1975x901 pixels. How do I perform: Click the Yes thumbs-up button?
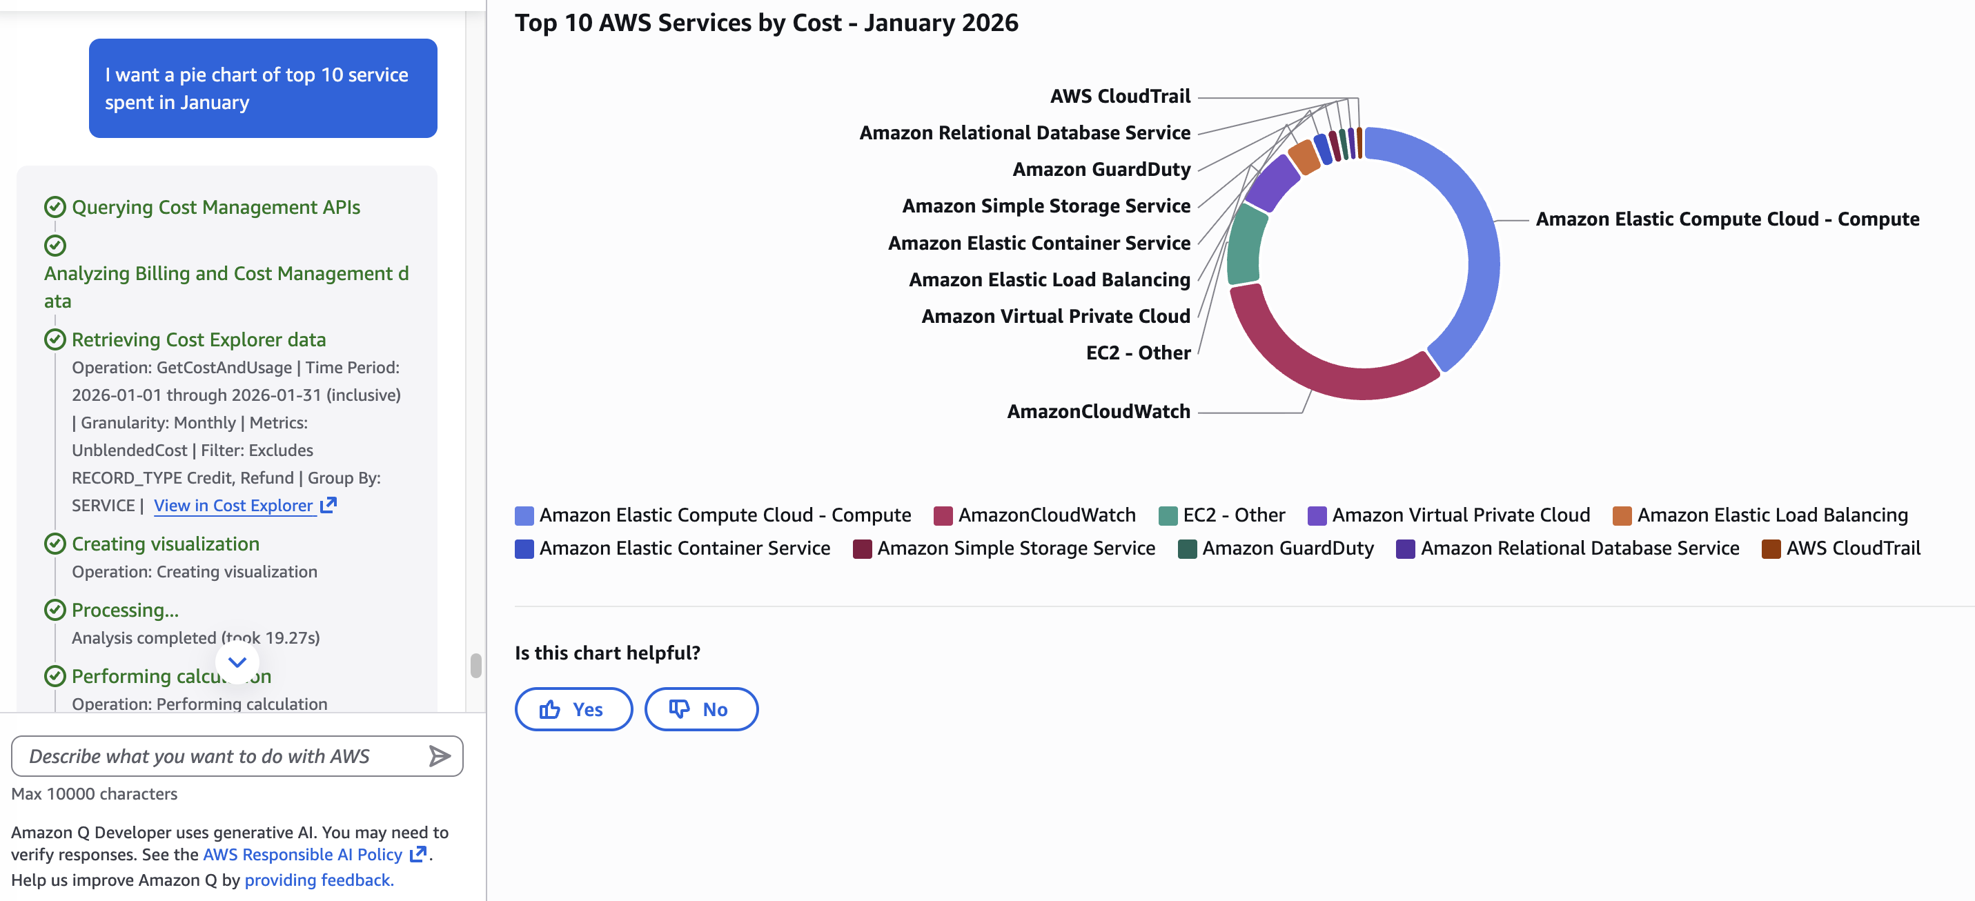coord(573,709)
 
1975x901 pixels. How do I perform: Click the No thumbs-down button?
coord(700,709)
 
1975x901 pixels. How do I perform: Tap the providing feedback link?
coord(318,880)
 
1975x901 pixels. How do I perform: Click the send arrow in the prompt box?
coord(440,756)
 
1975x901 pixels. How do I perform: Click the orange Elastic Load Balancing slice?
coord(1304,157)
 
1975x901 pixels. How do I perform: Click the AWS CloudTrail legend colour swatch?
coord(1771,549)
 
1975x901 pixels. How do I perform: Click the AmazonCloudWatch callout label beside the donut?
coord(1098,412)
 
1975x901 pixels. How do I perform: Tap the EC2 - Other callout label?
coord(1138,353)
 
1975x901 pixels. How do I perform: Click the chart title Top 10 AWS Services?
coord(766,23)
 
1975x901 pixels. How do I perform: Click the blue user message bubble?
coord(263,88)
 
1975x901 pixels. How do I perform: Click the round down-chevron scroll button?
coord(237,662)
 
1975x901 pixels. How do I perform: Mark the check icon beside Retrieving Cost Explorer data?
coord(55,339)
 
